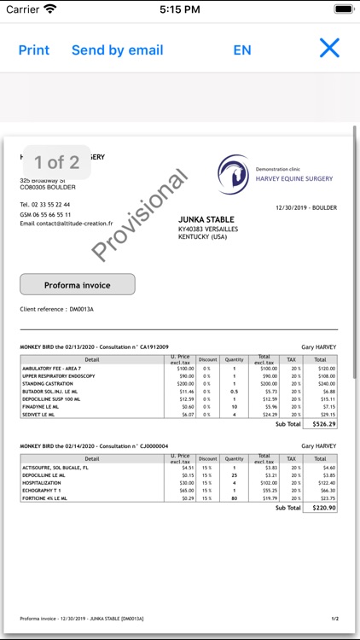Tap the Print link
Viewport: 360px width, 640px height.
click(34, 49)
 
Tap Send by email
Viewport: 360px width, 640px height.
click(117, 49)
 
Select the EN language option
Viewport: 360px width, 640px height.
click(242, 49)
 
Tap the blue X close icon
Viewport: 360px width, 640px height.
click(329, 48)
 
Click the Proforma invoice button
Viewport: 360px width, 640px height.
click(78, 284)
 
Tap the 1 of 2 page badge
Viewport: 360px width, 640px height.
click(56, 161)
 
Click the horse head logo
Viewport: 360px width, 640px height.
click(234, 172)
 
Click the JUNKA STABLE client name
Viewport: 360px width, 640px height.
click(206, 220)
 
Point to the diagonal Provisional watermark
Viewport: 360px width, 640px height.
click(139, 215)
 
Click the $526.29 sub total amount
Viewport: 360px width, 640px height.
click(322, 423)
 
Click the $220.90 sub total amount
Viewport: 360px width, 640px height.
click(322, 508)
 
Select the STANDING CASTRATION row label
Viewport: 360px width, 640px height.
click(50, 384)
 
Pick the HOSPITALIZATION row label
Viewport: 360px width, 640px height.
click(47, 482)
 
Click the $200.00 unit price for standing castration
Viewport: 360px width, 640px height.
click(184, 384)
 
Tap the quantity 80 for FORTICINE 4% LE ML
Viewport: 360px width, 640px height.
click(234, 497)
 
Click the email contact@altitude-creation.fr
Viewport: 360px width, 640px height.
click(66, 224)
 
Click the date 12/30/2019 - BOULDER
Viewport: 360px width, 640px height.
click(306, 207)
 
